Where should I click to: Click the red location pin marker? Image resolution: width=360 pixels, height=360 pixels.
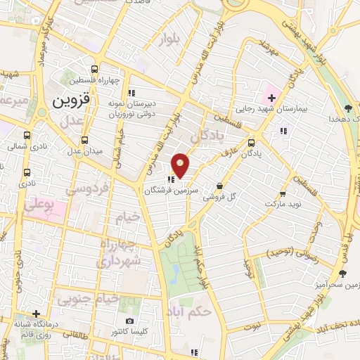(181, 165)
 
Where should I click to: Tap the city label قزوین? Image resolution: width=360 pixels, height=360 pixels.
(72, 100)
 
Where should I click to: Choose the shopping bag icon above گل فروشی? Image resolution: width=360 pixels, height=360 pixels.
(220, 186)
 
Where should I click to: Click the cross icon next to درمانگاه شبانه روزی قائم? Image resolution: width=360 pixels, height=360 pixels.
(36, 314)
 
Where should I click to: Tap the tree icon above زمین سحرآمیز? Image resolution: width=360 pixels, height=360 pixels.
(342, 273)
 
